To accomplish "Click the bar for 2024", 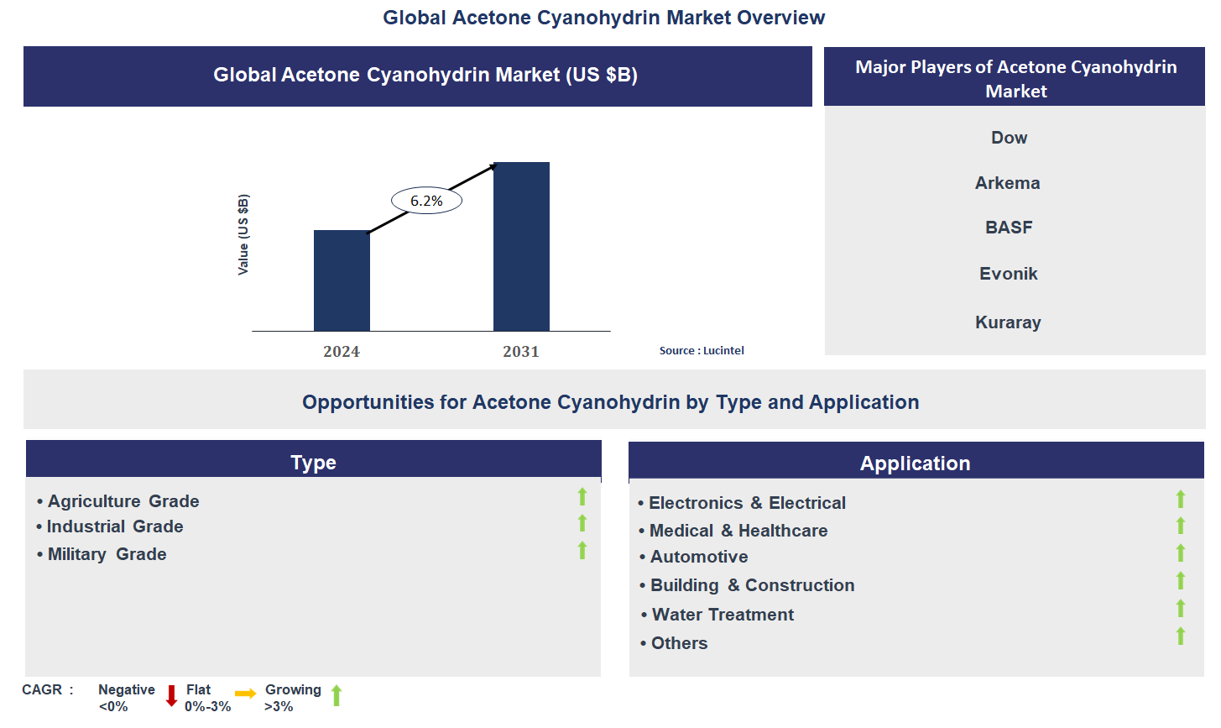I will pos(342,280).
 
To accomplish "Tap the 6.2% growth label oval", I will pos(426,201).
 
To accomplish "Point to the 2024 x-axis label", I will pos(342,352).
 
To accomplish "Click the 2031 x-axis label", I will pos(521,352).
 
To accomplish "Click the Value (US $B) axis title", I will pos(243,235).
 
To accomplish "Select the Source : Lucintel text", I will pos(702,351).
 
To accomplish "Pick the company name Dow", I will pos(1009,138).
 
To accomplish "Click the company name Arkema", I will pos(1007,183).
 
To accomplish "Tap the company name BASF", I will pos(1009,228).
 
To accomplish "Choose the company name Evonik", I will pos(1009,274).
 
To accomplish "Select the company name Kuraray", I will pos(1008,322).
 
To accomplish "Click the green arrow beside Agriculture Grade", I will pos(582,497).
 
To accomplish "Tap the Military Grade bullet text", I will pos(107,554).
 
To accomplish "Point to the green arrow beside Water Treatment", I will pos(1181,609).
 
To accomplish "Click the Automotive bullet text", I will pos(699,557).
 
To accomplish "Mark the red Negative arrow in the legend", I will pos(171,695).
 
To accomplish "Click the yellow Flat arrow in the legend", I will pos(246,694).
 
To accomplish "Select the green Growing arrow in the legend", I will pos(337,695).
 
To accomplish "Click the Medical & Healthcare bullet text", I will pos(738,531).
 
